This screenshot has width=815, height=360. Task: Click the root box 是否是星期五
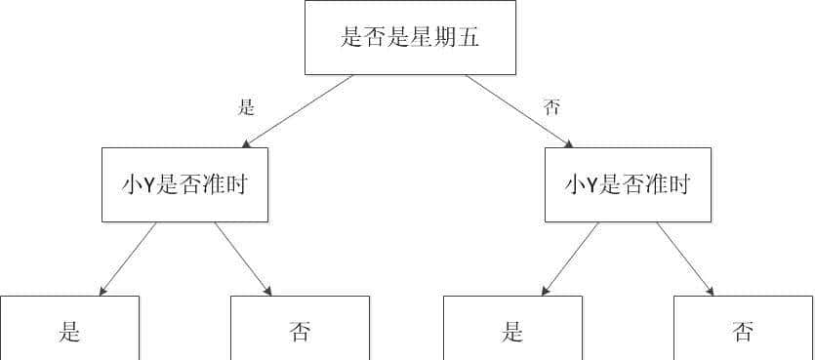click(x=410, y=38)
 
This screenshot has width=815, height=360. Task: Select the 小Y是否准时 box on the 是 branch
click(x=184, y=184)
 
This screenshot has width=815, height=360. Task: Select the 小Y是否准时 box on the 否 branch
click(x=628, y=184)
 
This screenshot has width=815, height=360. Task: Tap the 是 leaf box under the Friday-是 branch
click(x=69, y=330)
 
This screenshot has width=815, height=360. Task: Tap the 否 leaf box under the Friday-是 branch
click(x=300, y=330)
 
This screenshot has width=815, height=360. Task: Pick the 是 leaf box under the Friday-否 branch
click(x=512, y=330)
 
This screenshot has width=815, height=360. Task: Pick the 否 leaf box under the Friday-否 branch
click(x=743, y=330)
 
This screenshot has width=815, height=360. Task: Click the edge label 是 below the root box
click(x=247, y=107)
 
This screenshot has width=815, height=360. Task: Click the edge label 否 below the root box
click(x=552, y=107)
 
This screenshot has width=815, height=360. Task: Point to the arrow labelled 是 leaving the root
click(x=298, y=111)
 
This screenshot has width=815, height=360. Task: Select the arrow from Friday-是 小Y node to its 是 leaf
click(x=128, y=259)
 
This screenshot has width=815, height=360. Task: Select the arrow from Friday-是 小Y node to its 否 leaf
click(x=243, y=259)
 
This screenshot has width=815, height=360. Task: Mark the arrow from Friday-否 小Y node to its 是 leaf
click(x=571, y=259)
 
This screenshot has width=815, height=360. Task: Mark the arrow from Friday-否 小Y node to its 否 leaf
click(x=685, y=259)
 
